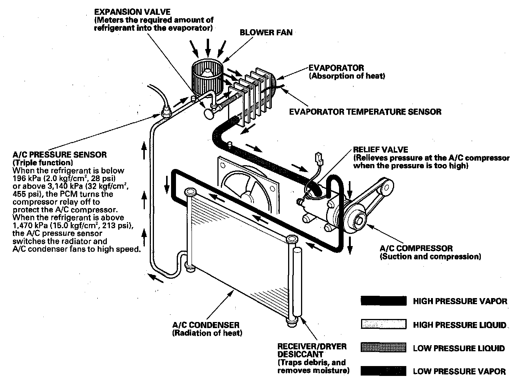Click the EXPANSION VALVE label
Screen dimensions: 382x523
click(x=132, y=12)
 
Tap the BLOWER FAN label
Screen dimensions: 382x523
click(x=266, y=33)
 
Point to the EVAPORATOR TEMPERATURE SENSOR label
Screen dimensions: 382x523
click(x=365, y=112)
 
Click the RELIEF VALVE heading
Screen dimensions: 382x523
click(x=380, y=150)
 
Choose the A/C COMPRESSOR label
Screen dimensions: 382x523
click(x=416, y=249)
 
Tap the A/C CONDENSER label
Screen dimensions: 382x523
click(x=206, y=325)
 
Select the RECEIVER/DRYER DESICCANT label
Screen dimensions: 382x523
click(x=312, y=350)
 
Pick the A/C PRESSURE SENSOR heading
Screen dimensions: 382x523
click(x=60, y=155)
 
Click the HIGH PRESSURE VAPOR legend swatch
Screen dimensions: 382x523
click(x=383, y=301)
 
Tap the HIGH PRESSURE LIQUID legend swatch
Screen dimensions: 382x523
click(x=383, y=325)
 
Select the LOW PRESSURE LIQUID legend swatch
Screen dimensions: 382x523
click(x=383, y=348)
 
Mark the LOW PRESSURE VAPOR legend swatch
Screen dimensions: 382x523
click(x=383, y=371)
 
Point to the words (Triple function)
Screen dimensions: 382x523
click(x=43, y=163)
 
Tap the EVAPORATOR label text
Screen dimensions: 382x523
click(x=336, y=68)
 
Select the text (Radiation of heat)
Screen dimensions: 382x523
click(x=207, y=333)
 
